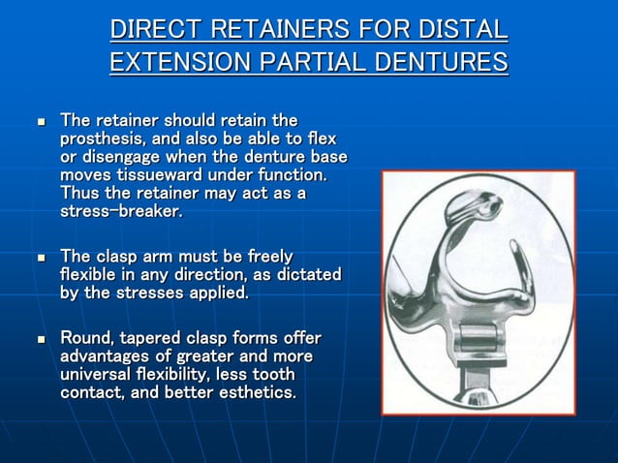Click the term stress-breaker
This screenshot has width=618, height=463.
tap(121, 211)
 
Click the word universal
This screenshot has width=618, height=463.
tap(99, 374)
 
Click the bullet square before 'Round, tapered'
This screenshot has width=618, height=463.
tap(41, 339)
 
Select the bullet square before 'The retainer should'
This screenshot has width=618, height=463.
tap(41, 123)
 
